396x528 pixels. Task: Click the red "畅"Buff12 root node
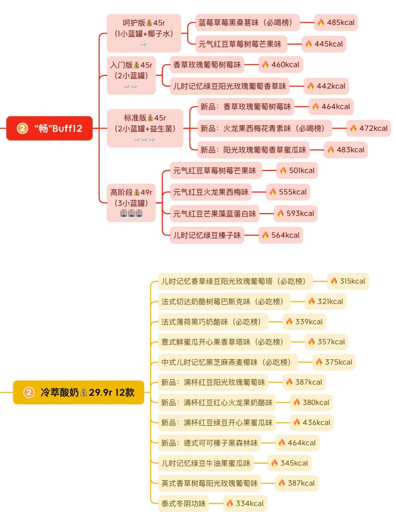click(49, 128)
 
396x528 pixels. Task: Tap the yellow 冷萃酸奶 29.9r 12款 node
click(78, 392)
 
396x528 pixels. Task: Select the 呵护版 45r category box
click(144, 33)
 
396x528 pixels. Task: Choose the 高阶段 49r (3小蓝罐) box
click(131, 202)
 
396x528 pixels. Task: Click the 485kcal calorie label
click(336, 22)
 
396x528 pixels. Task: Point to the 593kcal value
click(295, 213)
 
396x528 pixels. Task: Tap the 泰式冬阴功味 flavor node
click(183, 503)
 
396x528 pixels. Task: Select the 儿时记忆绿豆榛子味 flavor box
click(207, 235)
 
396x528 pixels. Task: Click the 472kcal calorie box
click(369, 128)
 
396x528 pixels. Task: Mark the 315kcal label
click(348, 281)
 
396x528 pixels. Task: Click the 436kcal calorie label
click(312, 423)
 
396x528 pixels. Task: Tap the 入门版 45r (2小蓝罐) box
click(131, 75)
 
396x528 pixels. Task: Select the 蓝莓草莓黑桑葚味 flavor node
click(247, 22)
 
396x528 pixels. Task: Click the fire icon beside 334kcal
click(230, 503)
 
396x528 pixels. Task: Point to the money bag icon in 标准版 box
click(150, 118)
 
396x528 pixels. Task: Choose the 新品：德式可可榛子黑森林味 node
click(209, 443)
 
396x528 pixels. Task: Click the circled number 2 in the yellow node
click(29, 392)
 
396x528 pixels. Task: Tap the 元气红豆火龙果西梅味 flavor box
click(210, 192)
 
